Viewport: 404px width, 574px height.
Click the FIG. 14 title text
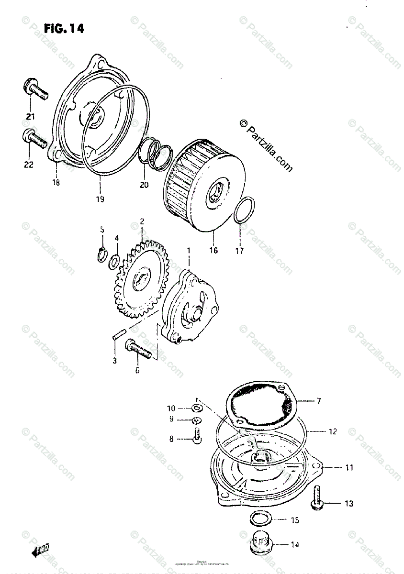coord(64,29)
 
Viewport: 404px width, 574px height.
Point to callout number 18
coord(56,182)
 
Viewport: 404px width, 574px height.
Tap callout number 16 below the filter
coord(213,250)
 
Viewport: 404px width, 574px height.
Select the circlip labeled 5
coord(101,255)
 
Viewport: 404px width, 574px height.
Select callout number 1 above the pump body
coord(189,250)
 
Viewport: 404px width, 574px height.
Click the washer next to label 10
coord(196,408)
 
